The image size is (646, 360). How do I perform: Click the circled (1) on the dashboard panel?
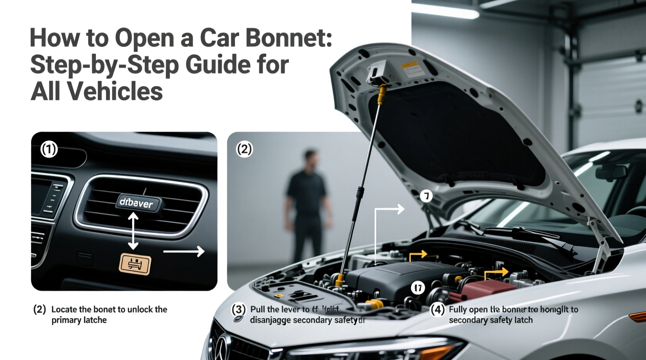pyautogui.click(x=49, y=149)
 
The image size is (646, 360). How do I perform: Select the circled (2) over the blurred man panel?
pyautogui.click(x=244, y=149)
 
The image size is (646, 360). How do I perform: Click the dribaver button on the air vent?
pyautogui.click(x=137, y=203)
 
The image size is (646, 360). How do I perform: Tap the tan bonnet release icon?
pyautogui.click(x=135, y=265)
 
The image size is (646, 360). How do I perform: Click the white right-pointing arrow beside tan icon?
pyautogui.click(x=184, y=251)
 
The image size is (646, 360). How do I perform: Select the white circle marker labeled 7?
pyautogui.click(x=426, y=196)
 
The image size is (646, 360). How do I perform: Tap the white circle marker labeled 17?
pyautogui.click(x=418, y=288)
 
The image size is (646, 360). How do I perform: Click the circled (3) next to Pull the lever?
pyautogui.click(x=238, y=310)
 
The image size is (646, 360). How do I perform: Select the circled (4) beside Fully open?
pyautogui.click(x=438, y=310)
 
